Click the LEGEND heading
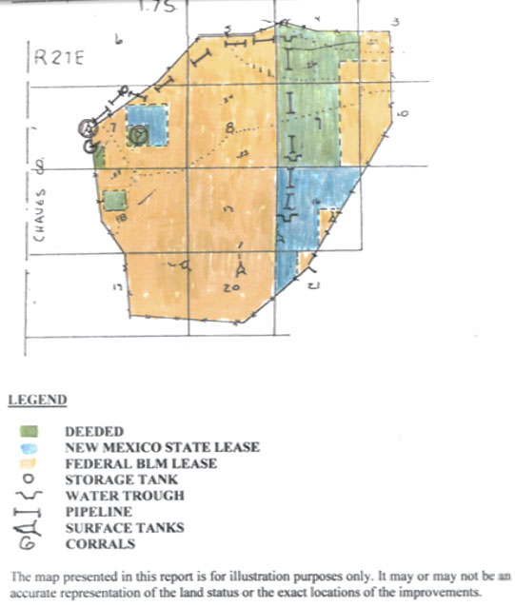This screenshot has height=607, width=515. pos(37,400)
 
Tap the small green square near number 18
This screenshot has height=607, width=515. pos(114,201)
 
